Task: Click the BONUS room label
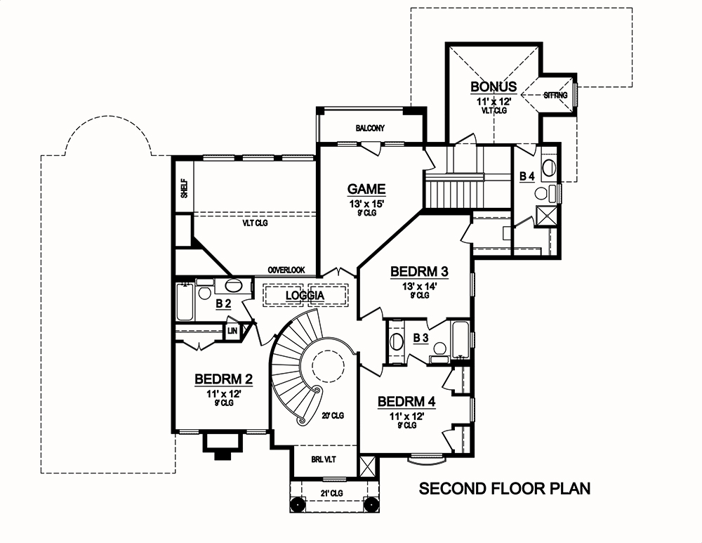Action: tap(494, 86)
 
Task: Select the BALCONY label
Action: tap(370, 128)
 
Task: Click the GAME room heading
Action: tap(366, 189)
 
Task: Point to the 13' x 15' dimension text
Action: tap(366, 204)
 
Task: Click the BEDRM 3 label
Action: tap(419, 272)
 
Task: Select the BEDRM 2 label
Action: tap(224, 379)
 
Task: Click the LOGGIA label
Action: tap(305, 296)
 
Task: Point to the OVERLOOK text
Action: tap(286, 270)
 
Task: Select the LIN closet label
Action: tap(232, 330)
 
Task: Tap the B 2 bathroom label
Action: tap(223, 303)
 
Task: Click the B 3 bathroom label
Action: tap(420, 339)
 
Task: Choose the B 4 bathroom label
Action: tap(526, 177)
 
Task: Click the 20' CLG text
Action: tap(333, 415)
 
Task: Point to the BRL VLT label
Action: tap(324, 461)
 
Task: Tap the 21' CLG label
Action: tap(330, 494)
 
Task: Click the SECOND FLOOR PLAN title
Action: tap(504, 489)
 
